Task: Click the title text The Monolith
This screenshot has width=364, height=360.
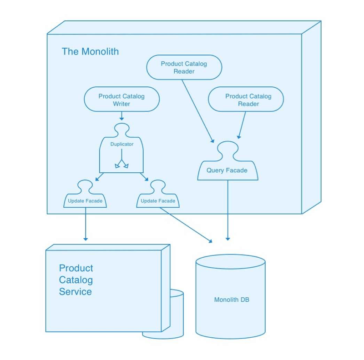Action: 90,51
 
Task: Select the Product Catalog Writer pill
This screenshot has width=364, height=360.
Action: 121,100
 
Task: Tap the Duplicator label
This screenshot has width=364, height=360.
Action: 121,144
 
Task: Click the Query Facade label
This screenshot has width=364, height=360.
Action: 227,170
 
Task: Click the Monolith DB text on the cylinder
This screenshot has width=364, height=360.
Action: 232,300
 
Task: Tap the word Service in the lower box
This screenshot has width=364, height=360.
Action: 76,292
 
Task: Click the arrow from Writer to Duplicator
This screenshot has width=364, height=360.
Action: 121,116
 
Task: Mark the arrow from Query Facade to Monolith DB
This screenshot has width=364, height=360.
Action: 227,209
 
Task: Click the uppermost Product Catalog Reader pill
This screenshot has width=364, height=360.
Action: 184,67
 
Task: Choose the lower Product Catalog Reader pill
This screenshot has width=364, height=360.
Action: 246,100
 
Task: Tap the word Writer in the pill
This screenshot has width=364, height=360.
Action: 121,104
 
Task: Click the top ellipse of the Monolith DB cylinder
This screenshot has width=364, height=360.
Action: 230,262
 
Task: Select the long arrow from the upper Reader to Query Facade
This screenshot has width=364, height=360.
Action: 197,111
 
